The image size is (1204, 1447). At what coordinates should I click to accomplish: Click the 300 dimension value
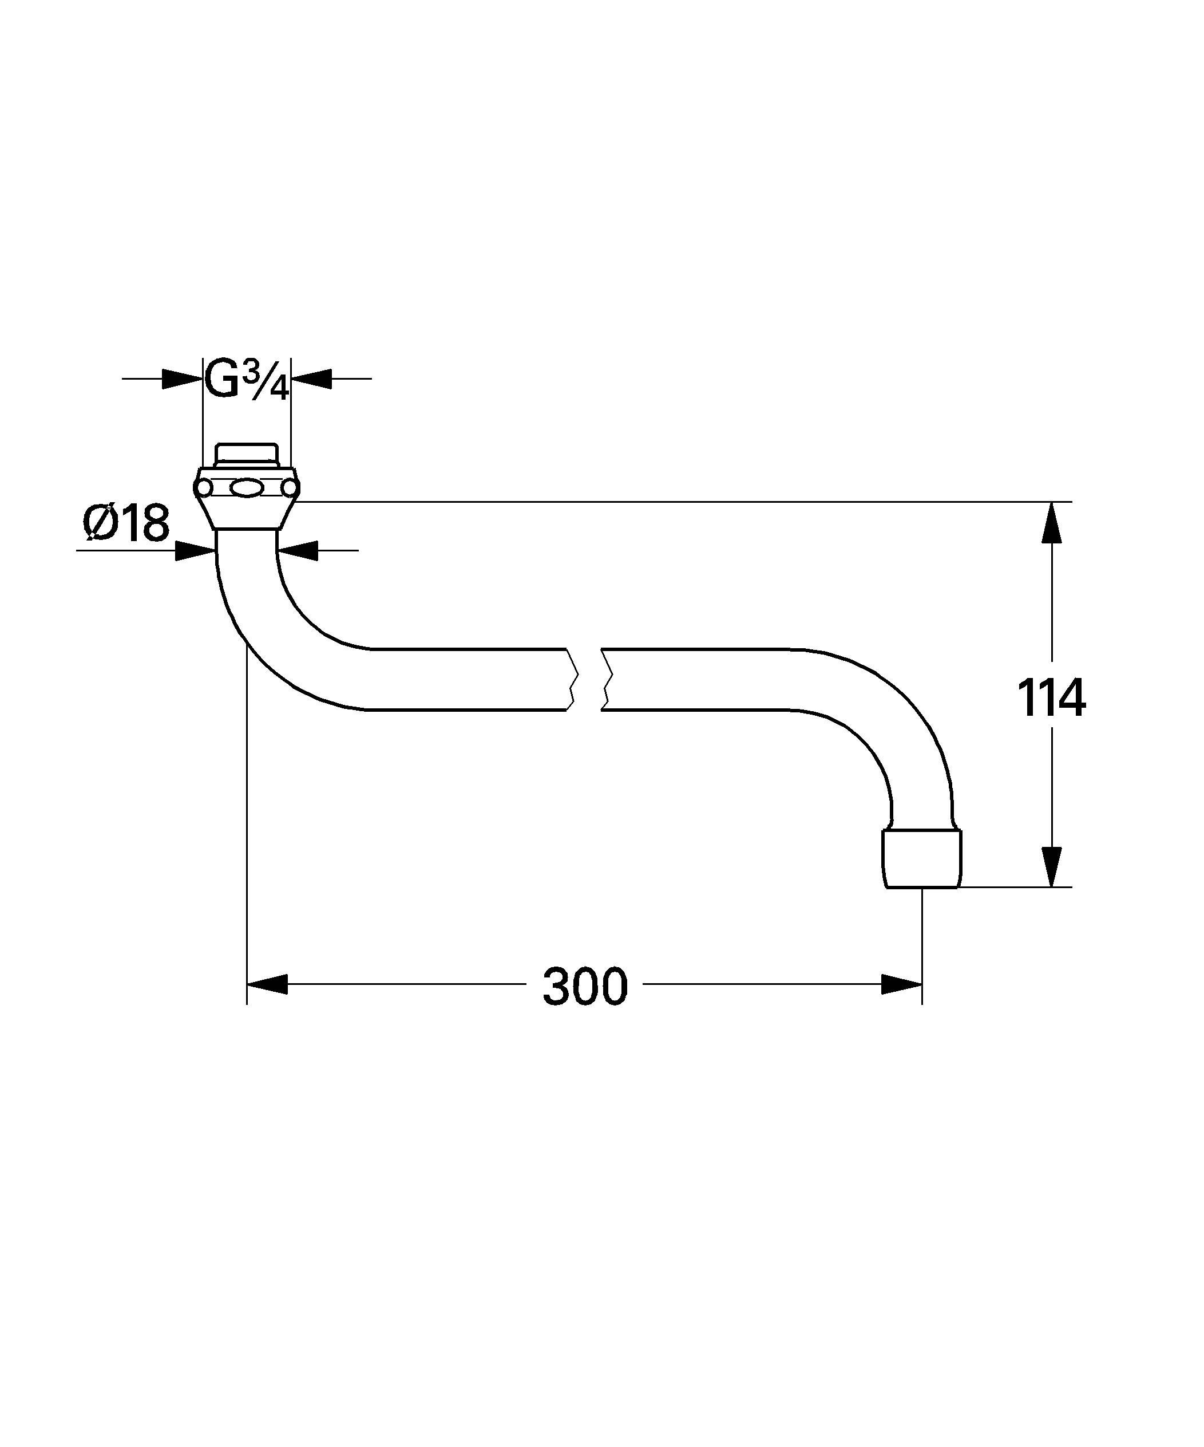tap(585, 986)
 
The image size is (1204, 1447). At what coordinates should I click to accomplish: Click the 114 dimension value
tap(1051, 698)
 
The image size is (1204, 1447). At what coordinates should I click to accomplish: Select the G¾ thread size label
tap(247, 380)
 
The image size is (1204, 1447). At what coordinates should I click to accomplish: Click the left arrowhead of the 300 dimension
tap(267, 984)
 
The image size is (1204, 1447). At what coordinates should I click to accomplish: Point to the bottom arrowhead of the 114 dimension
tap(1051, 865)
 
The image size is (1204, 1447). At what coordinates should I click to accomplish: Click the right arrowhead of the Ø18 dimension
tap(298, 550)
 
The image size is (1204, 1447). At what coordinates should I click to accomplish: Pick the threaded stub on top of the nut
tap(247, 455)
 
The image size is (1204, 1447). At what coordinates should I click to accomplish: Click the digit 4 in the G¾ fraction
tap(278, 391)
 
